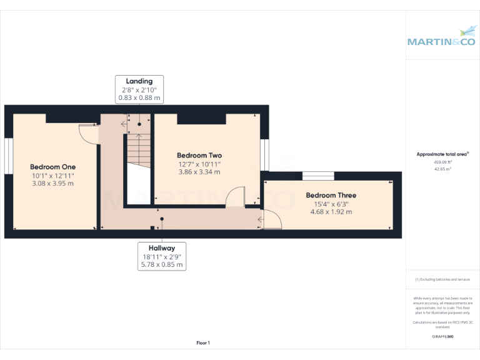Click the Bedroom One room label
tap(53, 167)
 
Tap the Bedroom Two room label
tap(199, 156)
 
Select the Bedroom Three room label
tap(331, 196)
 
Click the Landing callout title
tap(139, 81)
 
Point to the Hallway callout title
tap(162, 248)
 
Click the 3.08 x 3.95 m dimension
tap(53, 184)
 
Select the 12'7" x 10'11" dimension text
tap(199, 164)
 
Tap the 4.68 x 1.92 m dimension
tap(331, 212)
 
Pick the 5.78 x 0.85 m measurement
tap(162, 265)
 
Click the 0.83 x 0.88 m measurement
tap(139, 98)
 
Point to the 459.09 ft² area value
tap(442, 162)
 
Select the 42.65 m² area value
tap(442, 169)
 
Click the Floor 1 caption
tap(203, 342)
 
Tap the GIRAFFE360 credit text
tap(442, 337)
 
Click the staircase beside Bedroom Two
tap(139, 150)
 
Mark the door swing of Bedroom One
tap(88, 133)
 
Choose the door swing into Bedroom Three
tap(272, 219)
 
